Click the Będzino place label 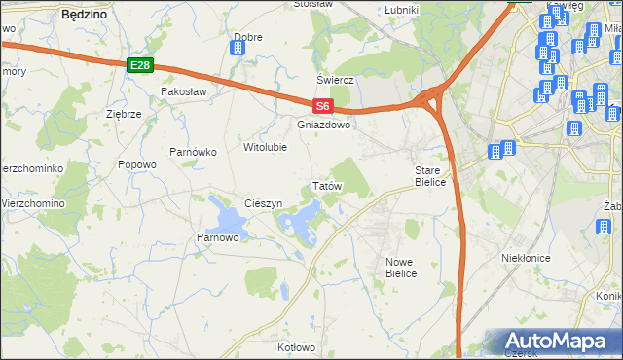(x=84, y=15)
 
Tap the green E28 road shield (x=140, y=65)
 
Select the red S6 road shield (x=323, y=107)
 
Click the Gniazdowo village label (x=323, y=125)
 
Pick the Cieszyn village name (x=264, y=203)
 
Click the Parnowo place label (x=218, y=236)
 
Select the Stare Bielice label (x=429, y=176)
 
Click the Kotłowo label (x=296, y=347)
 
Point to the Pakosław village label (x=185, y=90)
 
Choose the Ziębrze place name (x=124, y=114)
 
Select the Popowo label (x=137, y=164)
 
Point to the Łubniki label (x=401, y=10)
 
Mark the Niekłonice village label (x=527, y=258)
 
